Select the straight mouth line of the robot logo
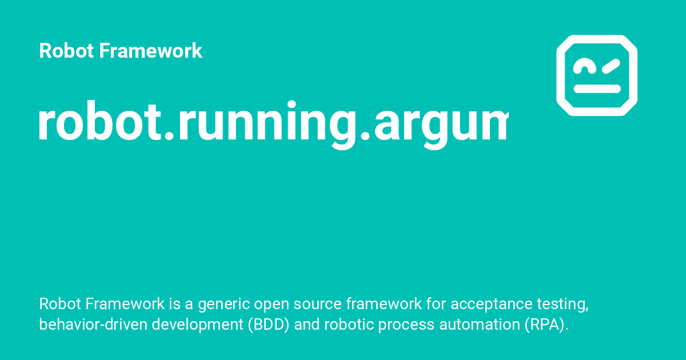(x=597, y=89)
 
